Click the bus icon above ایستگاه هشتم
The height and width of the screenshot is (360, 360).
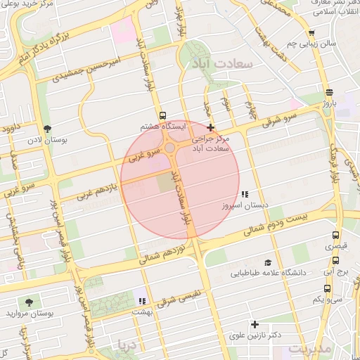pyautogui.click(x=163, y=115)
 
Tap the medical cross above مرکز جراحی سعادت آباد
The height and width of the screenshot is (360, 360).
pyautogui.click(x=210, y=127)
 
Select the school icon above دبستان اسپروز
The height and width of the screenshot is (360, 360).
pyautogui.click(x=244, y=194)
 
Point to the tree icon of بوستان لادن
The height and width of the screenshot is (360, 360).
pyautogui.click(x=47, y=129)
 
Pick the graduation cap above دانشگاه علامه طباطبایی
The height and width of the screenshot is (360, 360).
pyautogui.click(x=267, y=262)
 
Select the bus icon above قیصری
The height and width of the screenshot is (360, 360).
pyautogui.click(x=335, y=236)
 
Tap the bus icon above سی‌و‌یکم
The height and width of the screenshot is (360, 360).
pyautogui.click(x=328, y=288)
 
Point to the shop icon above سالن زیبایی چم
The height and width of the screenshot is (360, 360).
pyautogui.click(x=311, y=32)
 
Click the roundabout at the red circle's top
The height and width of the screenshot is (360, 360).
pyautogui.click(x=169, y=148)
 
